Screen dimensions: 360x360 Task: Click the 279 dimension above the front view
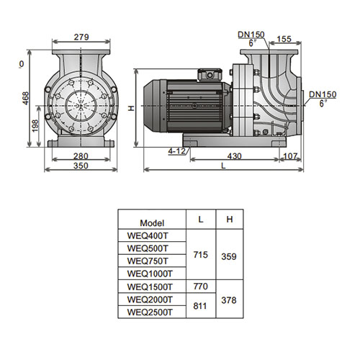[x=81, y=37]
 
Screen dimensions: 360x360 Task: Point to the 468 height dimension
[x=25, y=98]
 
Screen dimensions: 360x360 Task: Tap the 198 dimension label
[x=35, y=126]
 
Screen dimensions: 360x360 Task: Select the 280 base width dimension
[x=81, y=156]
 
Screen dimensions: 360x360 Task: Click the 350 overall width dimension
[x=81, y=166]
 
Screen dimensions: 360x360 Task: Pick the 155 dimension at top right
[x=284, y=39]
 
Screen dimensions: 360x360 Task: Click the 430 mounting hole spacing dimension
[x=234, y=156]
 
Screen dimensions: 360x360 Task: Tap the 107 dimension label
[x=290, y=156]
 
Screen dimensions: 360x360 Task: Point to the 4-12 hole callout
[x=177, y=151]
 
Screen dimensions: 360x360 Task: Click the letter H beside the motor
[x=131, y=109]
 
